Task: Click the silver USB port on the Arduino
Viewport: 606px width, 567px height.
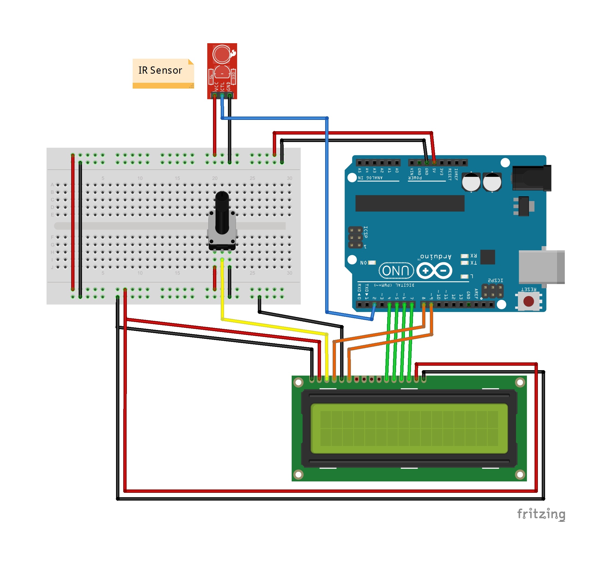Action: [541, 267]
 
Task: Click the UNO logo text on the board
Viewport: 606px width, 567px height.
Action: [396, 270]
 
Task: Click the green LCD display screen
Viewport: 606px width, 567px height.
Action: [409, 428]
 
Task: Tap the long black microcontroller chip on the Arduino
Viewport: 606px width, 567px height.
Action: [410, 203]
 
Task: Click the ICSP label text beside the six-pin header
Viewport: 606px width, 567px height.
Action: [366, 232]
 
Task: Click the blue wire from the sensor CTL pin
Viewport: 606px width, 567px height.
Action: [327, 213]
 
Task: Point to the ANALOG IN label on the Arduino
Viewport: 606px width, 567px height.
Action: [370, 178]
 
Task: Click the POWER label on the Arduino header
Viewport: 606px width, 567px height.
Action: [415, 178]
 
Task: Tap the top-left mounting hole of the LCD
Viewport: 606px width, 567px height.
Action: [298, 382]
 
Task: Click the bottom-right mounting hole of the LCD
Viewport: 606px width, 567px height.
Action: [520, 474]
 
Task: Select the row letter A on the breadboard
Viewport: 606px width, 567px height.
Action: [52, 185]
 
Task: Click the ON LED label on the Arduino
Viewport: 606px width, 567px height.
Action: [363, 263]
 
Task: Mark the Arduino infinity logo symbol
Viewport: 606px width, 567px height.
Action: [434, 270]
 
